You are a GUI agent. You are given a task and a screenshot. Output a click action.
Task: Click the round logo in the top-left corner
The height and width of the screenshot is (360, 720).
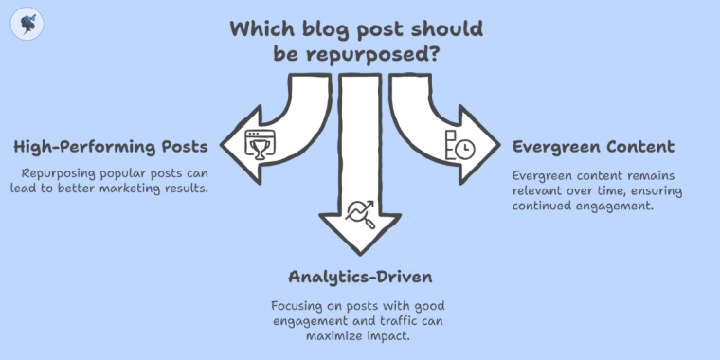coord(27,25)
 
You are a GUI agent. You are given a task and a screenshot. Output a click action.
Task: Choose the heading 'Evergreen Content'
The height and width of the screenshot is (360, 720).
coord(593,147)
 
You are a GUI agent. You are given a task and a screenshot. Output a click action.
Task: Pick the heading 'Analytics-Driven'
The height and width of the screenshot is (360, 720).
coord(359,277)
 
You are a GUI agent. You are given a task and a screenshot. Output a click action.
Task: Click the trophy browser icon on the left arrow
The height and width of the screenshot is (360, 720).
coord(257,145)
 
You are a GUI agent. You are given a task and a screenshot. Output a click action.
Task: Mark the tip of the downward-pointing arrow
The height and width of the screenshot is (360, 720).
coord(360,253)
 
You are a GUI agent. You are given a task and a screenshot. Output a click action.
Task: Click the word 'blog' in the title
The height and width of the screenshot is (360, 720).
coord(342,28)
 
